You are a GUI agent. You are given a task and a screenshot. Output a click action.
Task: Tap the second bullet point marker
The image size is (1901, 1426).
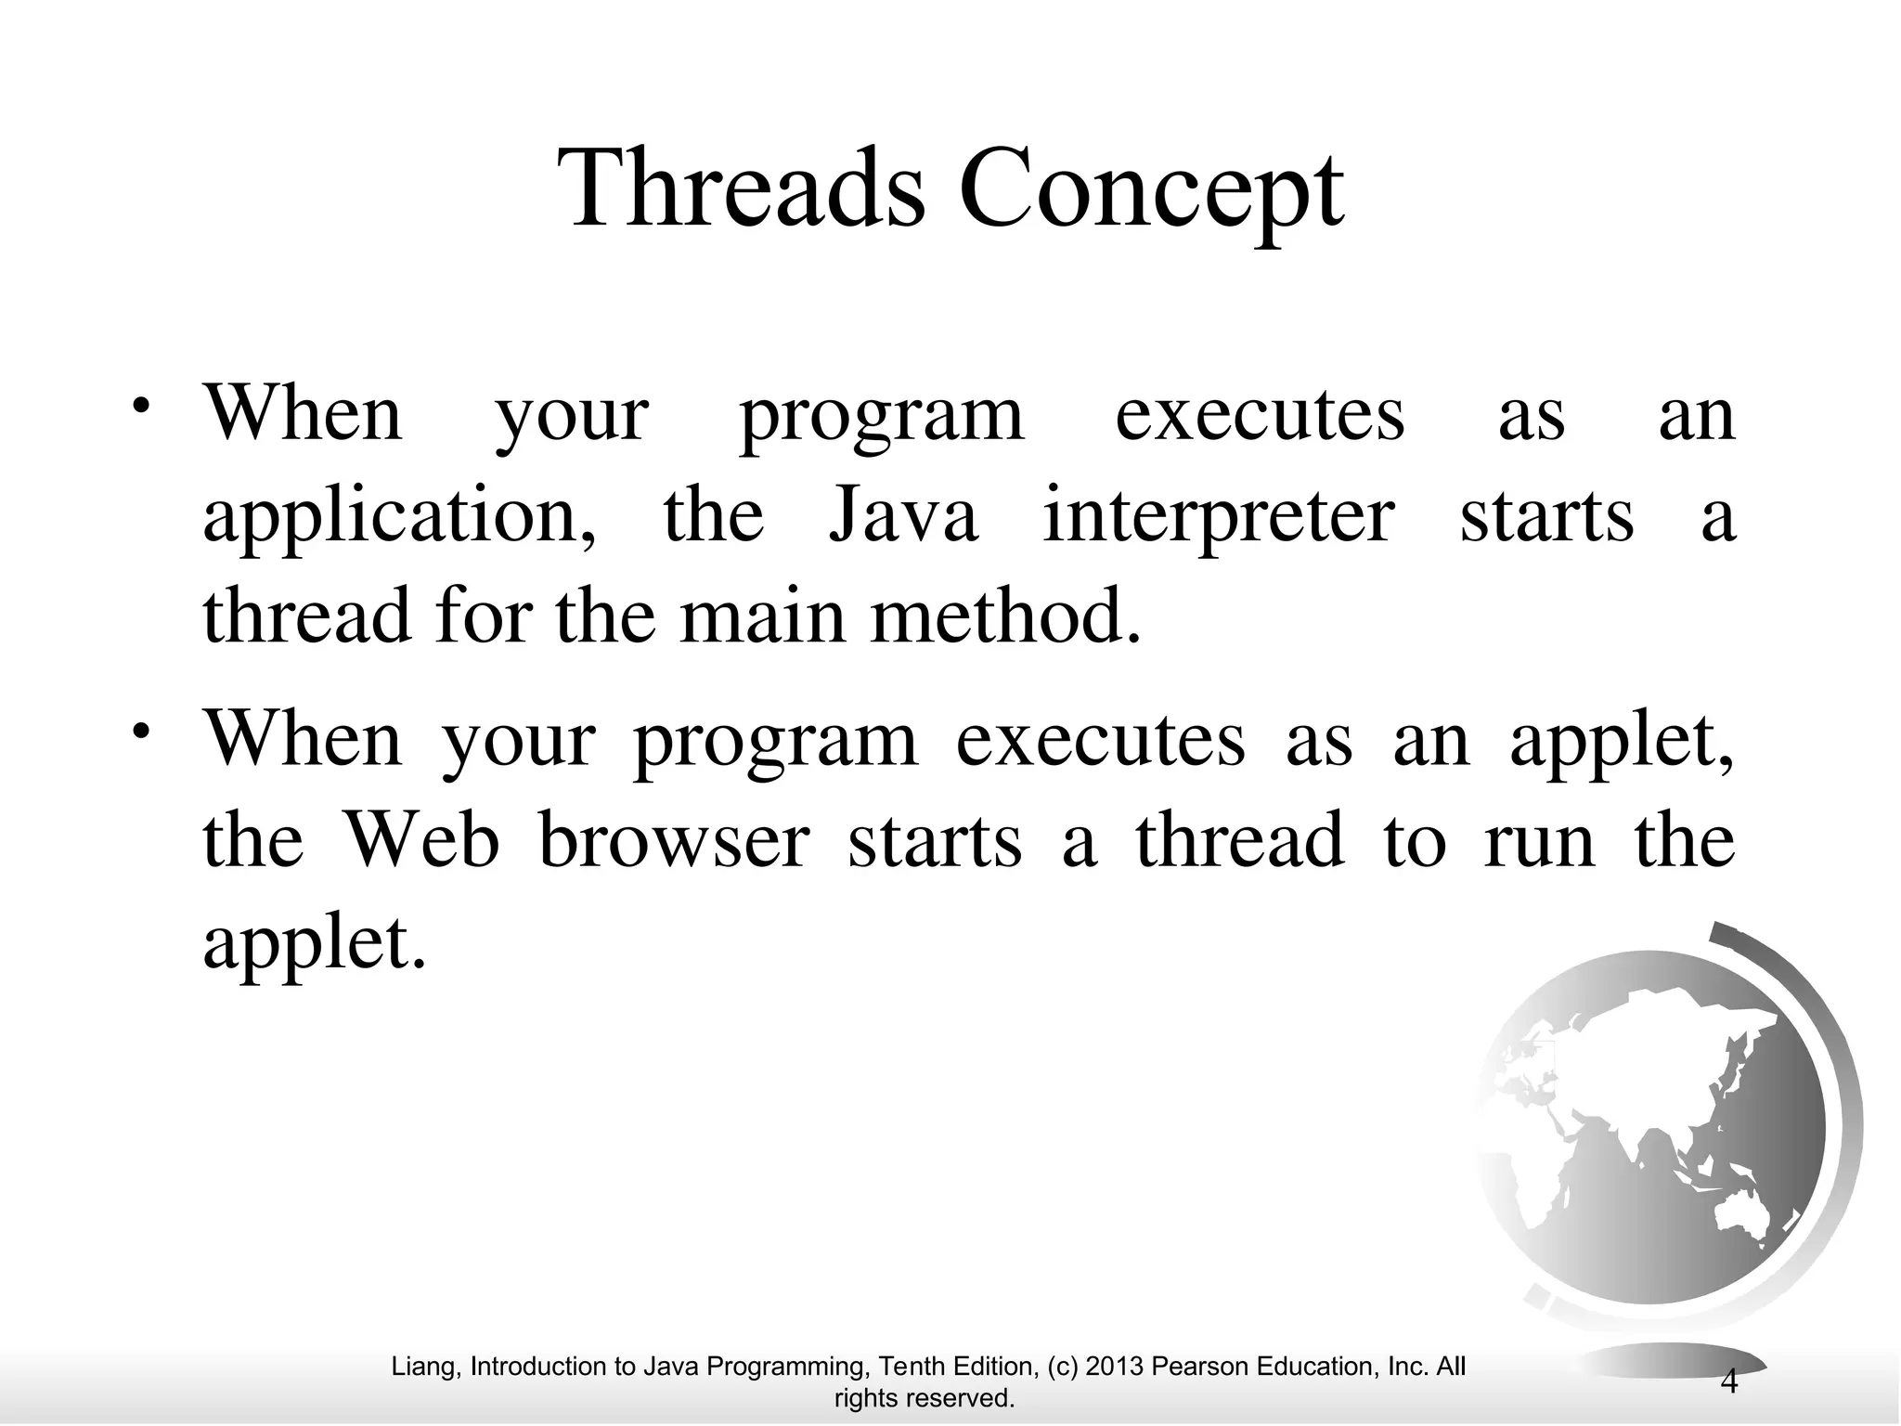(x=140, y=730)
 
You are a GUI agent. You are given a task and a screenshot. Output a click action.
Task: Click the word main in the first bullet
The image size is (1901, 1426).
(x=762, y=618)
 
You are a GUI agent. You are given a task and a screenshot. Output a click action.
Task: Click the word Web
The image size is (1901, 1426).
(x=422, y=840)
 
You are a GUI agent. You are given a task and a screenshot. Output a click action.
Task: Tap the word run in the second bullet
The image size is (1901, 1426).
(x=1540, y=841)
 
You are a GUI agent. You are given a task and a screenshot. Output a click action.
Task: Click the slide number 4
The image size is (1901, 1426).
(x=1729, y=1383)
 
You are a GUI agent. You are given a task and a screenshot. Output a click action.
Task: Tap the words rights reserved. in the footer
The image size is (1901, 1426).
(x=925, y=1398)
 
